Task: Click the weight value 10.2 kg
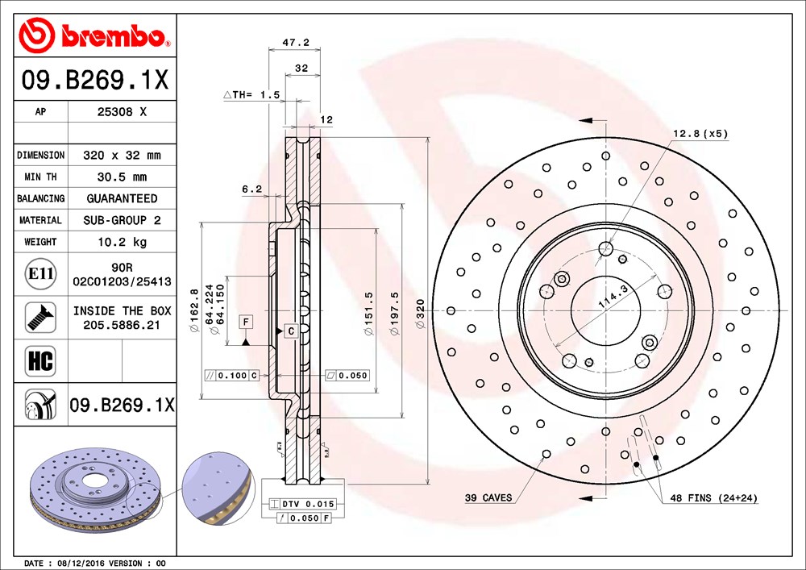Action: pos(123,242)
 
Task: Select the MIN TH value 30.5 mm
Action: pos(123,177)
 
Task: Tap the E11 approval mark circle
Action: pos(40,273)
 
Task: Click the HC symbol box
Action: pos(40,361)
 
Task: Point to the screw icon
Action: pos(40,317)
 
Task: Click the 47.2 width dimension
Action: pos(296,42)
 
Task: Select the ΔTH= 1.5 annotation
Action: pos(251,94)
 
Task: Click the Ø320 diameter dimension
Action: pos(421,314)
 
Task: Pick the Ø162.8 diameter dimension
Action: pos(194,310)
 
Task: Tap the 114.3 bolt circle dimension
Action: pos(613,297)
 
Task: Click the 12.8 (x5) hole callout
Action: pos(700,134)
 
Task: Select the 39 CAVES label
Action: pos(488,497)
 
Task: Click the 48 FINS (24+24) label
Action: pos(714,497)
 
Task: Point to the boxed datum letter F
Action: pos(246,322)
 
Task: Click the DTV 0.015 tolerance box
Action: pos(302,504)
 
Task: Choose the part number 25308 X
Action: pos(122,111)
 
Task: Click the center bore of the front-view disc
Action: pos(606,310)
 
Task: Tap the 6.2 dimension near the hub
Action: pos(251,189)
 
